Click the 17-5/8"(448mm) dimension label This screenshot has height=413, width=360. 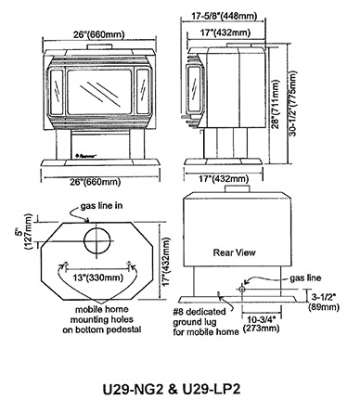pyautogui.click(x=225, y=16)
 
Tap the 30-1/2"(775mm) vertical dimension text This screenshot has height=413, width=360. pyautogui.click(x=292, y=103)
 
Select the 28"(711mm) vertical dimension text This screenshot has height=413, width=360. pyautogui.click(x=276, y=104)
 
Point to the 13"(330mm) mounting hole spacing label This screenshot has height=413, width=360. pyautogui.click(x=98, y=277)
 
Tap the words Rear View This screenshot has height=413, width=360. pyautogui.click(x=235, y=252)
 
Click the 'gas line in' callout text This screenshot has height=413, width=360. pyautogui.click(x=101, y=206)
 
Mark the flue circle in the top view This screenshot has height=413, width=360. pyautogui.click(x=97, y=241)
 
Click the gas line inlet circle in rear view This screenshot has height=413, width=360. pyautogui.click(x=241, y=290)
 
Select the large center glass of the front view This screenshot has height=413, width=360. pyautogui.click(x=99, y=92)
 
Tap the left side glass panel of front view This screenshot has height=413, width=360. pyautogui.click(x=57, y=91)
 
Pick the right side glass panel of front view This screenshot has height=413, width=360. pyautogui.click(x=143, y=91)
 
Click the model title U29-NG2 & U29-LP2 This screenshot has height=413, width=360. pyautogui.click(x=172, y=389)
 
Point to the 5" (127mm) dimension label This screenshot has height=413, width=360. pyautogui.click(x=23, y=232)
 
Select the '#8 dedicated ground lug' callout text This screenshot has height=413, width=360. pyautogui.click(x=200, y=316)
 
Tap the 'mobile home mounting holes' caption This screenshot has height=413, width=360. pyautogui.click(x=102, y=319)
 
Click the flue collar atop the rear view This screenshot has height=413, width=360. pyautogui.click(x=237, y=188)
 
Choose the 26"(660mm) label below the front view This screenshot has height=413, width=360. pyautogui.click(x=95, y=182)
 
